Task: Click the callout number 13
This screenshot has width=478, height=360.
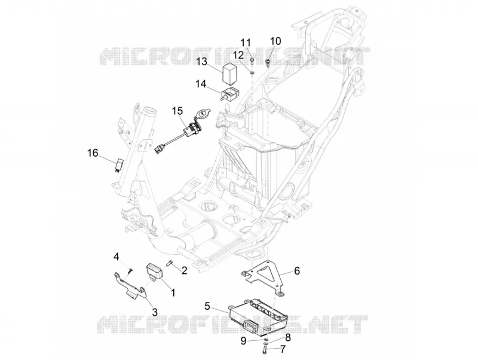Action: pyautogui.click(x=202, y=62)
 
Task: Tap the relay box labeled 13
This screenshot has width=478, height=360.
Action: pyautogui.click(x=231, y=73)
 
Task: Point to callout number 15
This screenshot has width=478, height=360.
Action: pyautogui.click(x=177, y=111)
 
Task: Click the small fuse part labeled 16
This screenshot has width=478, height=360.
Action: pyautogui.click(x=118, y=165)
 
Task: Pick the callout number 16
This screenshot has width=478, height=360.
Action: pyautogui.click(x=93, y=152)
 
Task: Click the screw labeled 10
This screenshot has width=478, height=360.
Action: pyautogui.click(x=268, y=63)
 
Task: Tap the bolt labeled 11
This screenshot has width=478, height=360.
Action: pyautogui.click(x=252, y=61)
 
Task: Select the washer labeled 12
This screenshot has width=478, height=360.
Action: pyautogui.click(x=252, y=72)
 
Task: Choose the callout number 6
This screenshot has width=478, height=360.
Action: pyautogui.click(x=296, y=271)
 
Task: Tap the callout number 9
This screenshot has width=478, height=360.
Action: pyautogui.click(x=243, y=340)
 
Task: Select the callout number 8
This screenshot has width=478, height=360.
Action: pyautogui.click(x=287, y=337)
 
